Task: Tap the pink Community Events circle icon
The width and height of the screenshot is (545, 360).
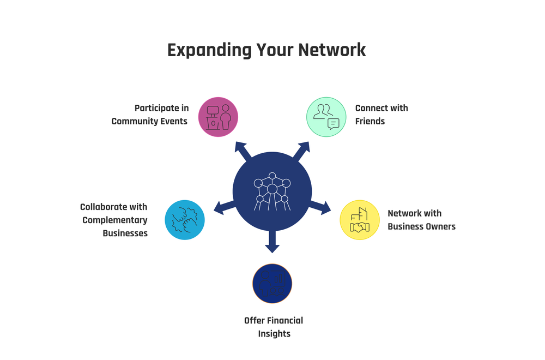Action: coord(218,117)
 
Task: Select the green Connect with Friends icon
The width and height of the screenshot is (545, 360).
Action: coord(326,117)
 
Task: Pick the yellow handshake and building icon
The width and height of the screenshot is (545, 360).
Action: coord(360,220)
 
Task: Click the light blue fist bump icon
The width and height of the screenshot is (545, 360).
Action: coord(185,220)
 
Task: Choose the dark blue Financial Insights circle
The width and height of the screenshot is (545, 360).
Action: coord(272,284)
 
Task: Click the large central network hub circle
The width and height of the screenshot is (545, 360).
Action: coord(272,191)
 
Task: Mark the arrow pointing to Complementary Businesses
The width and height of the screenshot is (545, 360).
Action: coord(224,207)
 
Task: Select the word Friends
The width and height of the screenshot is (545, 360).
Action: coord(370,121)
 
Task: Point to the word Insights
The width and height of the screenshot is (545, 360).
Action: coord(274,333)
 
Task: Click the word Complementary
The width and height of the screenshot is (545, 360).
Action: coord(115,220)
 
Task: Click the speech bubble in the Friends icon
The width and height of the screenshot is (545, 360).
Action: coord(333,123)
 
